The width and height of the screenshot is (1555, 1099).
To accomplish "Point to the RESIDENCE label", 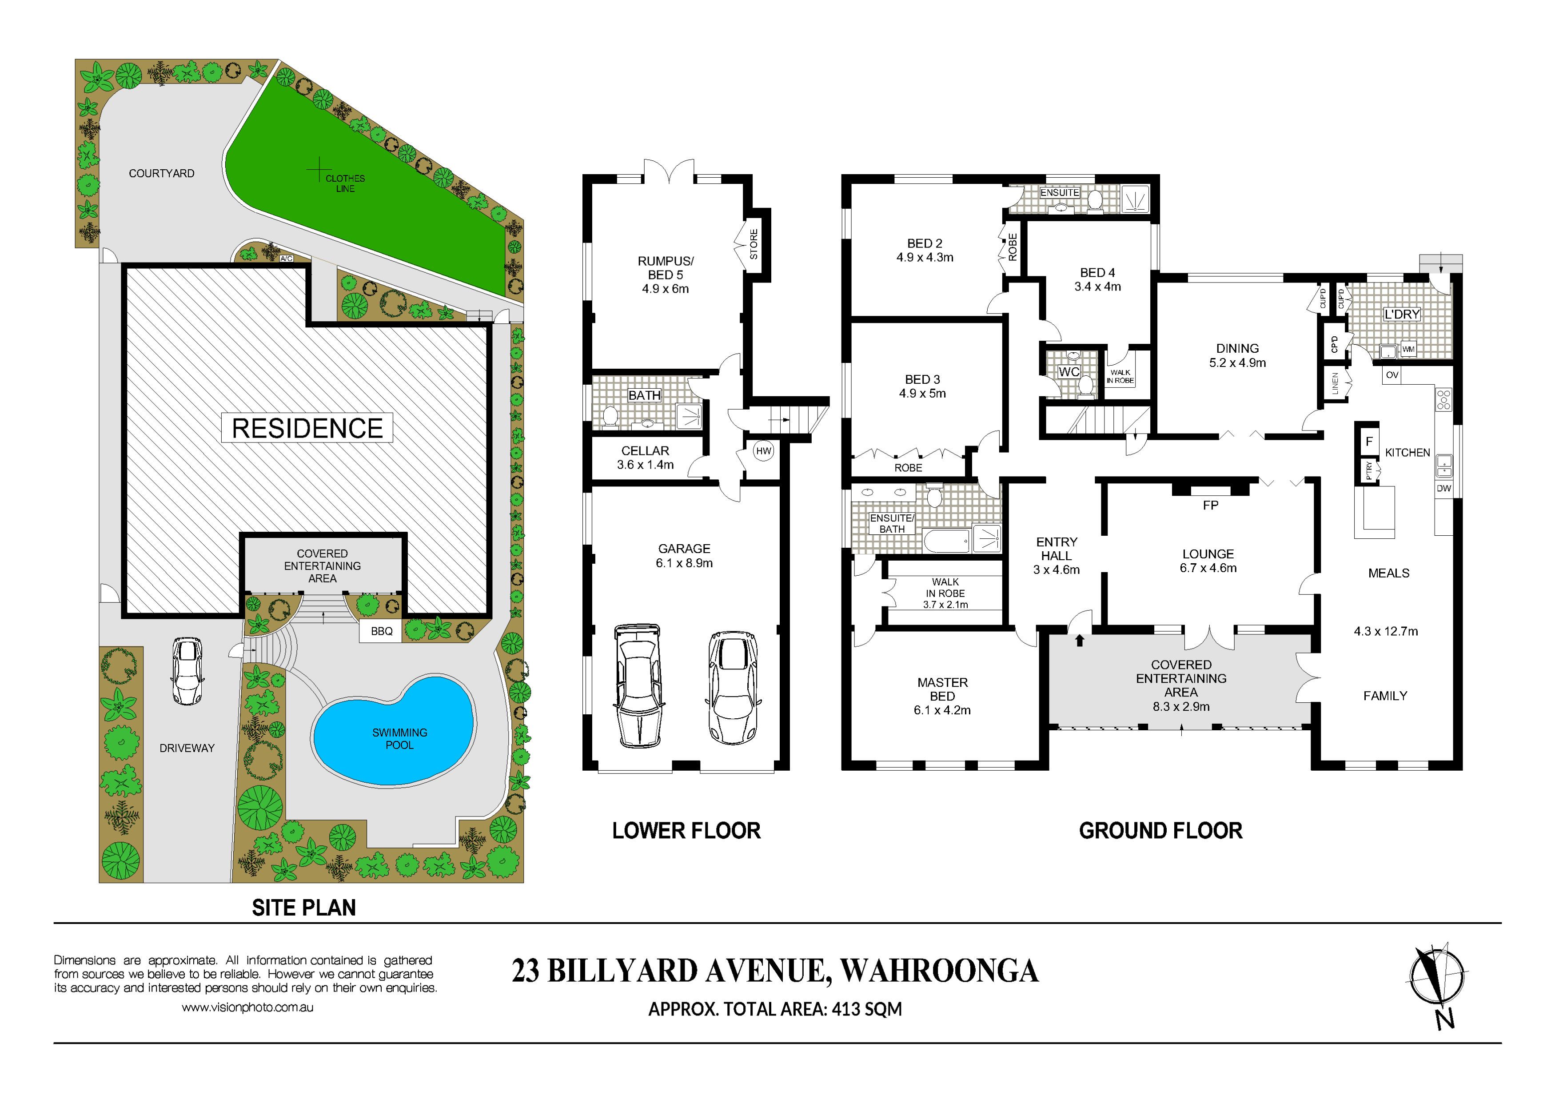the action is (307, 428).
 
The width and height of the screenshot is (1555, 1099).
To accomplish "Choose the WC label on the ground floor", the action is (1069, 372).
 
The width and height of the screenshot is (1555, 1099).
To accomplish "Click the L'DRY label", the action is (1401, 314).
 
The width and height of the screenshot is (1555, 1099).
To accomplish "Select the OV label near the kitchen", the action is (1392, 374).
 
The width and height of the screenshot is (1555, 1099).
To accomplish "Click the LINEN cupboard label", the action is (1335, 384).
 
